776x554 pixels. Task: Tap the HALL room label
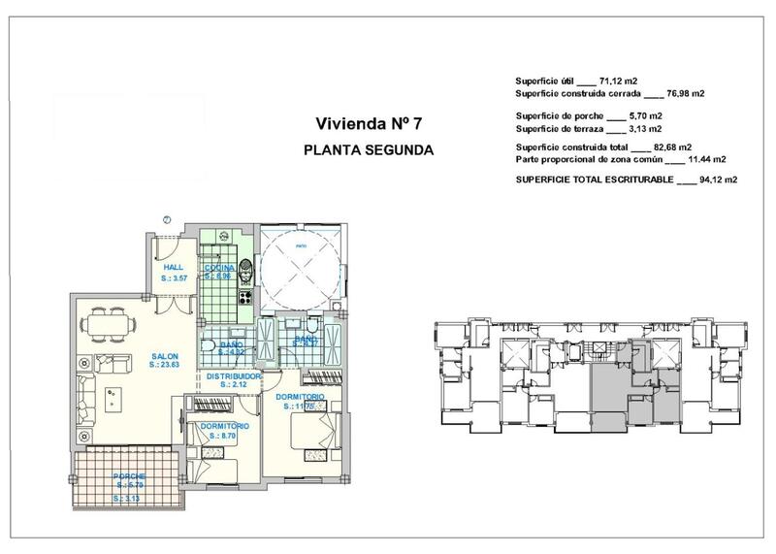(173, 267)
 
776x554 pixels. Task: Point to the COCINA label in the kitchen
(218, 268)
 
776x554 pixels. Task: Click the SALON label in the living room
(164, 356)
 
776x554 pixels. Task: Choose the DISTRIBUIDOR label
(232, 375)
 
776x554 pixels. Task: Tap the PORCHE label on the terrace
(129, 476)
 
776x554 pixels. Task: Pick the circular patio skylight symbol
(300, 261)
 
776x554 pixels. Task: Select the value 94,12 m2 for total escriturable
(719, 180)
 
